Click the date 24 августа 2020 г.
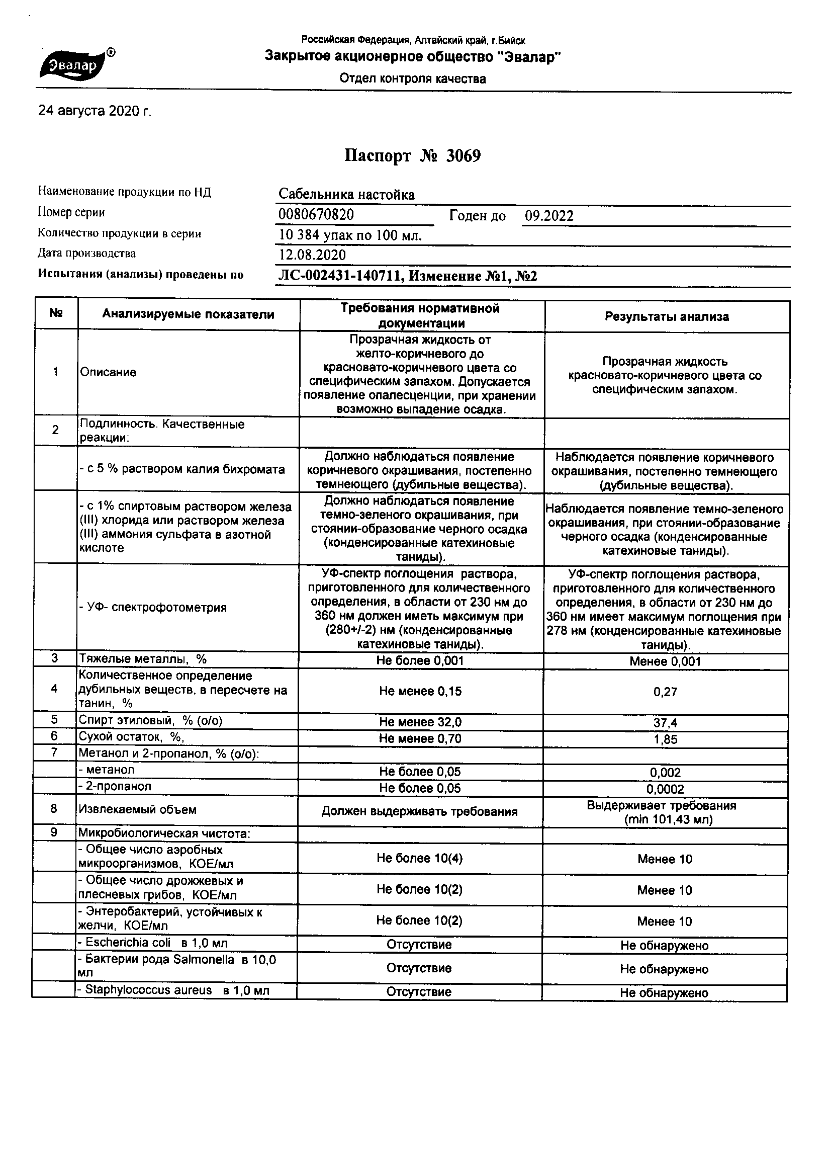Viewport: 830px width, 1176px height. (x=95, y=111)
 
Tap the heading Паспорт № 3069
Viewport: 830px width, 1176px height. (x=413, y=156)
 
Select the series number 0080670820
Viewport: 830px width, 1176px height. (x=316, y=215)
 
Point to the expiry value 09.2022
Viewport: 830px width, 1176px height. (x=549, y=216)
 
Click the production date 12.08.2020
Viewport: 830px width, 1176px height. (x=312, y=255)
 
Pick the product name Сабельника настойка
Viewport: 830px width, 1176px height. (x=347, y=195)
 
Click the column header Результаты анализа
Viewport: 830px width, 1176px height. (x=667, y=316)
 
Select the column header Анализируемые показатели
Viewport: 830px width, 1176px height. (x=188, y=314)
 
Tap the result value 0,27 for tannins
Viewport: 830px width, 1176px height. (x=665, y=692)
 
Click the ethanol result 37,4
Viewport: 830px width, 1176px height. (x=665, y=723)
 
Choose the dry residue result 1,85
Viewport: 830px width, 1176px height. (x=665, y=739)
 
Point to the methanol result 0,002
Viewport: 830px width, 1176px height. (x=665, y=773)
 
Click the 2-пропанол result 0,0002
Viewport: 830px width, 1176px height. (x=665, y=789)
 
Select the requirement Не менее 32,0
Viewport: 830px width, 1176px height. (x=420, y=722)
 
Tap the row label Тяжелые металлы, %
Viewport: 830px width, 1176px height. (x=142, y=659)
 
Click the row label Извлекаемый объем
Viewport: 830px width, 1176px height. (x=137, y=810)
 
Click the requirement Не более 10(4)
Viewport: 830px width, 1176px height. (x=419, y=859)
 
